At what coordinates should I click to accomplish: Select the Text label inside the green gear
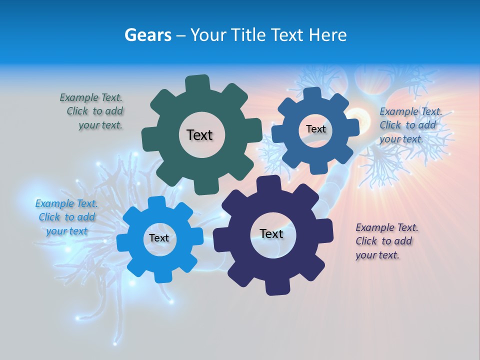(x=199, y=135)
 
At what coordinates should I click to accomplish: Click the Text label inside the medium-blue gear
(x=315, y=129)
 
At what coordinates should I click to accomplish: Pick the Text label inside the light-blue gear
(x=159, y=238)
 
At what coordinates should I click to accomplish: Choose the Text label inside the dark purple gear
(x=271, y=233)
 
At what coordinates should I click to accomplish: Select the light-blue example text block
(x=66, y=217)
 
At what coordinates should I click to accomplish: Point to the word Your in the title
(x=209, y=35)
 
